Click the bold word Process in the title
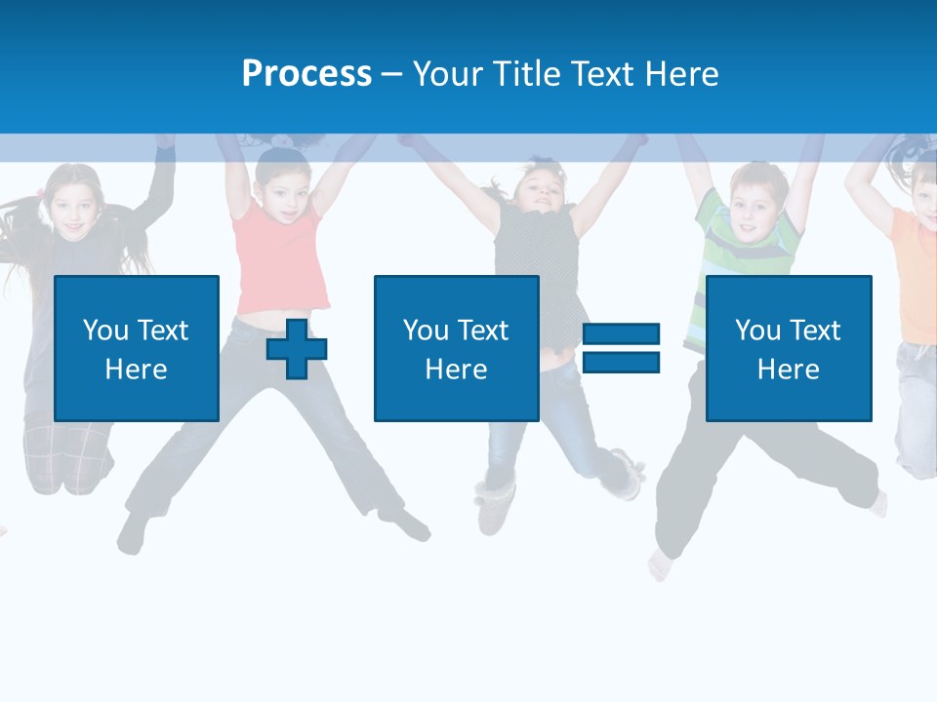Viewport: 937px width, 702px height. pyautogui.click(x=306, y=74)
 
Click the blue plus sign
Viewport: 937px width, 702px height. pyautogui.click(x=297, y=348)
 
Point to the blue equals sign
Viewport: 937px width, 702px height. pyautogui.click(x=621, y=348)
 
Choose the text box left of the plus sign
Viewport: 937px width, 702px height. pyautogui.click(x=137, y=348)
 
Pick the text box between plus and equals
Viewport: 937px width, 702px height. pyautogui.click(x=457, y=348)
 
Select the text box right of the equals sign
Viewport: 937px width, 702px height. pyautogui.click(x=789, y=348)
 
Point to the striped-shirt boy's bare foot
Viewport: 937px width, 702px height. pyautogui.click(x=662, y=565)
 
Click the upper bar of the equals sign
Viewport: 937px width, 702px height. pyautogui.click(x=621, y=335)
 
